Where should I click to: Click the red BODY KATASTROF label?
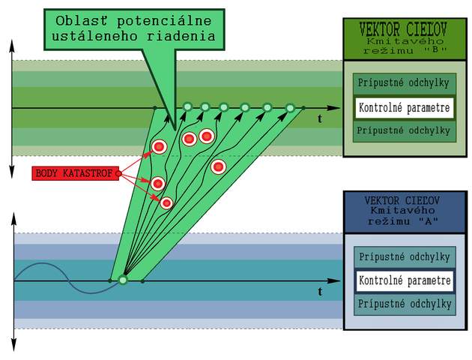pos(75,173)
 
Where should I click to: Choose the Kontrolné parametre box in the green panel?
pos(405,108)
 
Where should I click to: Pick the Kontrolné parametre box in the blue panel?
pos(405,281)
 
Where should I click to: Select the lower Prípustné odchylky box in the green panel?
pos(405,130)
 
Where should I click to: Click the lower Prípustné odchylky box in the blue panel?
pos(405,304)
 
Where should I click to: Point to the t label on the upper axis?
pos(320,118)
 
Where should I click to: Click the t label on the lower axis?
pos(320,291)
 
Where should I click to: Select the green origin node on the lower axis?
pos(123,280)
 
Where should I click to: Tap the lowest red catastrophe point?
pos(166,202)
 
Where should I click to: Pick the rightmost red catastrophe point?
pos(218,166)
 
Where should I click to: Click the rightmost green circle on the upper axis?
pos(291,108)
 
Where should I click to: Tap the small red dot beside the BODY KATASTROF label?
pos(119,173)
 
